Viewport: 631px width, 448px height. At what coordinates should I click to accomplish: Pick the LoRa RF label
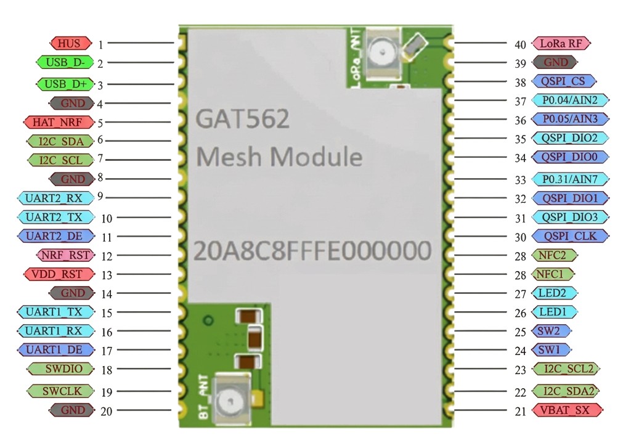pyautogui.click(x=561, y=44)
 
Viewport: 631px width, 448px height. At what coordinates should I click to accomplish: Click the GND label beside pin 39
pyautogui.click(x=555, y=62)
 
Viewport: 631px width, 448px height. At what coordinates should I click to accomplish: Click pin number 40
pyautogui.click(x=520, y=44)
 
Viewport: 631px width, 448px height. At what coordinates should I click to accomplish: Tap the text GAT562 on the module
pyautogui.click(x=242, y=120)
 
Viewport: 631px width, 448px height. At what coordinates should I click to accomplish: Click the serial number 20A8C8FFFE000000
pyautogui.click(x=312, y=251)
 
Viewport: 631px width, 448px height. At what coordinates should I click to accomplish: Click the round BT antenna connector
pyautogui.click(x=232, y=400)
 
